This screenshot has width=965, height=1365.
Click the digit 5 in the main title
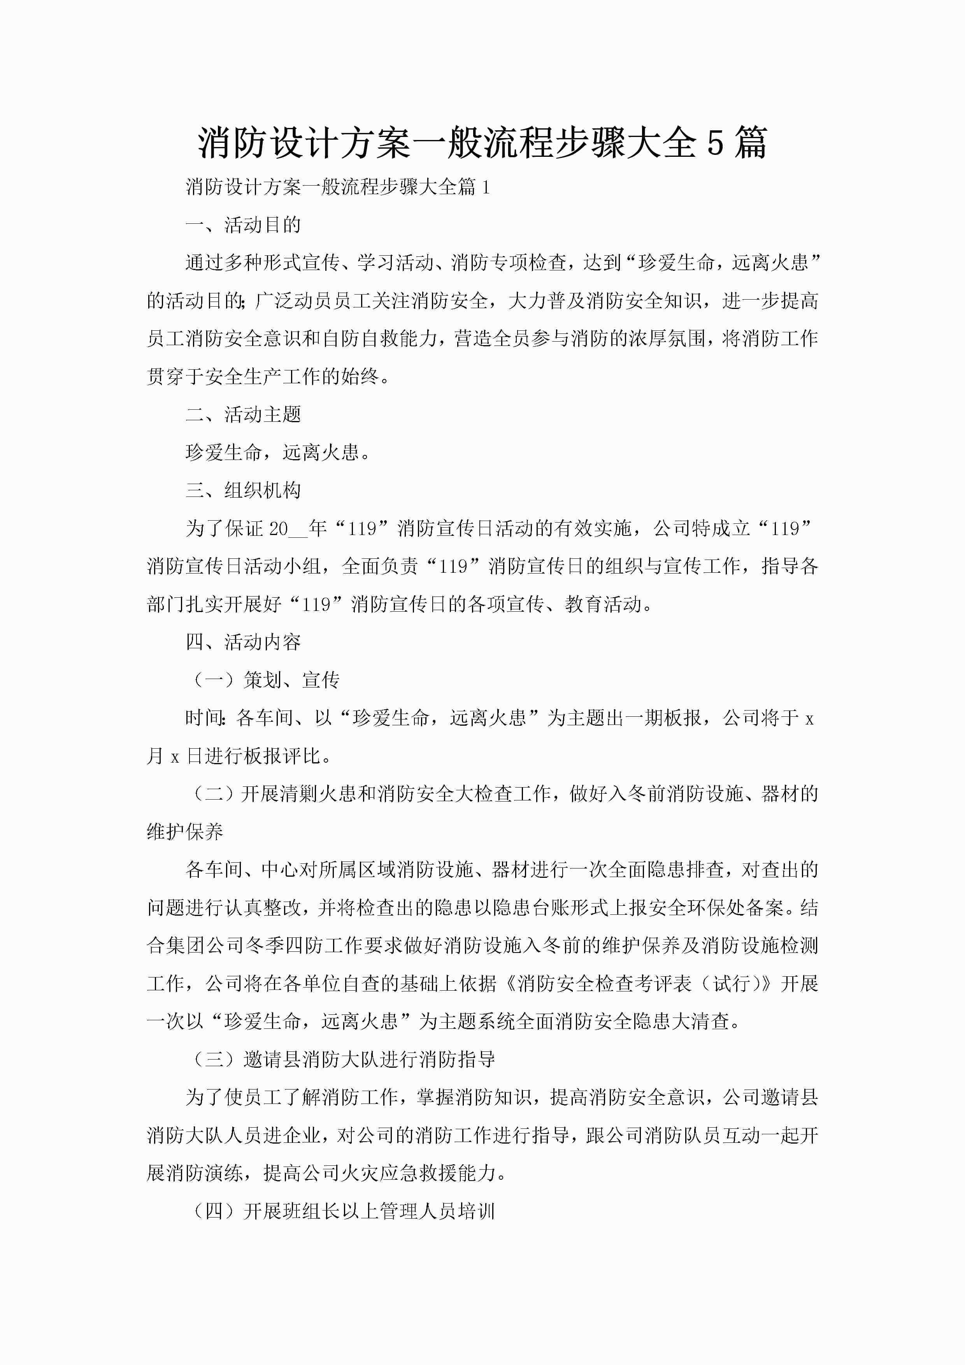pos(716,143)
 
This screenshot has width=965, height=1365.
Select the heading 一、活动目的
pos(243,225)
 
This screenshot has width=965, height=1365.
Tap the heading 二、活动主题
pos(243,414)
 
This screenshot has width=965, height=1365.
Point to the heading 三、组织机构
pos(243,490)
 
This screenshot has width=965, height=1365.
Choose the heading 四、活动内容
pos(243,642)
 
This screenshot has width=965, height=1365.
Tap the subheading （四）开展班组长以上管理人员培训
pos(341,1211)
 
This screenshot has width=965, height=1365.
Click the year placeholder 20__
pos(288,528)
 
